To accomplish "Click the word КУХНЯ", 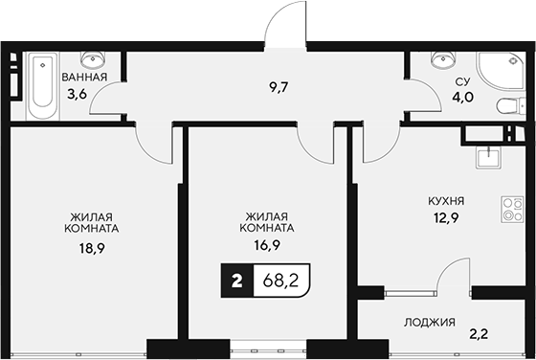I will pyautogui.click(x=446, y=201).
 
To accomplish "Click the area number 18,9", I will pyautogui.click(x=93, y=246).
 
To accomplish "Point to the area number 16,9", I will pyautogui.click(x=266, y=246).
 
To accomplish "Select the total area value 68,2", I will pyautogui.click(x=280, y=281).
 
